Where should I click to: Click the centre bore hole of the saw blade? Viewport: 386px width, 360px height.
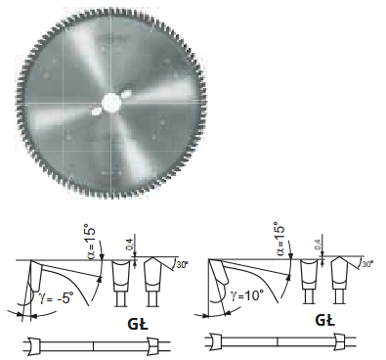111,103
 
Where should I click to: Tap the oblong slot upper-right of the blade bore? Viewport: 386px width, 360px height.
127,95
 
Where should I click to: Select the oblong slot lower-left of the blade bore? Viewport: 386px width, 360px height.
96,112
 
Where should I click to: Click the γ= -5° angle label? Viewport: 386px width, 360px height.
55,298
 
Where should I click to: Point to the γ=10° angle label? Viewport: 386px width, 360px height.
246,295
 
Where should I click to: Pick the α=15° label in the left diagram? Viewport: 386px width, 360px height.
92,242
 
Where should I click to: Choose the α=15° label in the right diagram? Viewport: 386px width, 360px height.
279,239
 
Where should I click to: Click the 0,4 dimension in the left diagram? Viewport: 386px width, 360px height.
129,245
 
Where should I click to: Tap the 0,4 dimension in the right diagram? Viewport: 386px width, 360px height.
318,245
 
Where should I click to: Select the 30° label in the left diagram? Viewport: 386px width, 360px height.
183,265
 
